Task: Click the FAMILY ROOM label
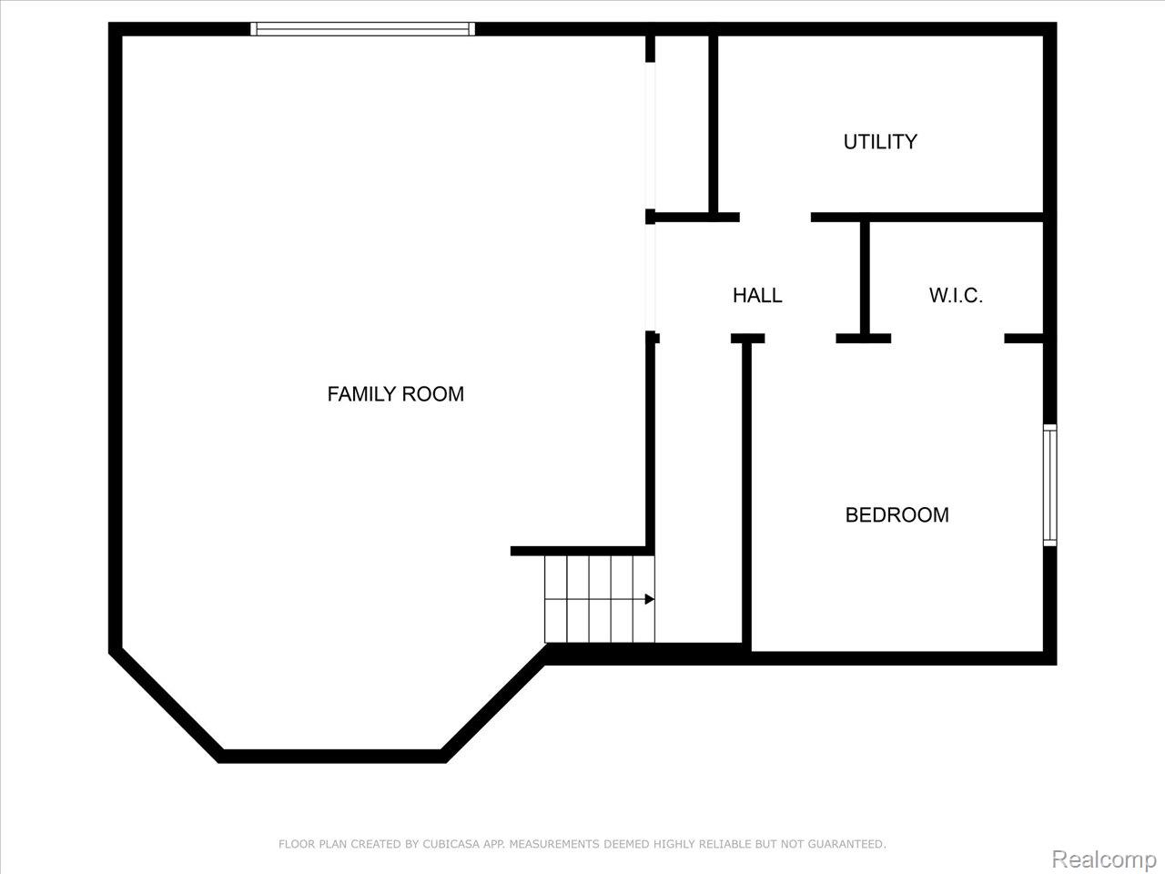[x=395, y=394]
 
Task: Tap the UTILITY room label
[x=879, y=142]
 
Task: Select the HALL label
[x=757, y=295]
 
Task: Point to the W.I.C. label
[x=956, y=295]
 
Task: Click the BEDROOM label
[x=897, y=515]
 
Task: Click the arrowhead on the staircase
[x=649, y=599]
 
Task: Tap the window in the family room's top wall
[x=362, y=29]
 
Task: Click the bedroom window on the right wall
[x=1049, y=485]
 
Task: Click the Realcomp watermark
[x=1103, y=859]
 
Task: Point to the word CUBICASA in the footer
[x=452, y=845]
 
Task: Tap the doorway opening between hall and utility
[x=775, y=218]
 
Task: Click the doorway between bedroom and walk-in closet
[x=947, y=339]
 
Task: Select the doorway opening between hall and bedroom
[x=800, y=339]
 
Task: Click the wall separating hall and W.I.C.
[x=865, y=278]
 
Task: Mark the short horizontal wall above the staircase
[x=582, y=551]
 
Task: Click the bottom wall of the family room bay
[x=332, y=756]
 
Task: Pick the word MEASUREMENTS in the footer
[x=554, y=845]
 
